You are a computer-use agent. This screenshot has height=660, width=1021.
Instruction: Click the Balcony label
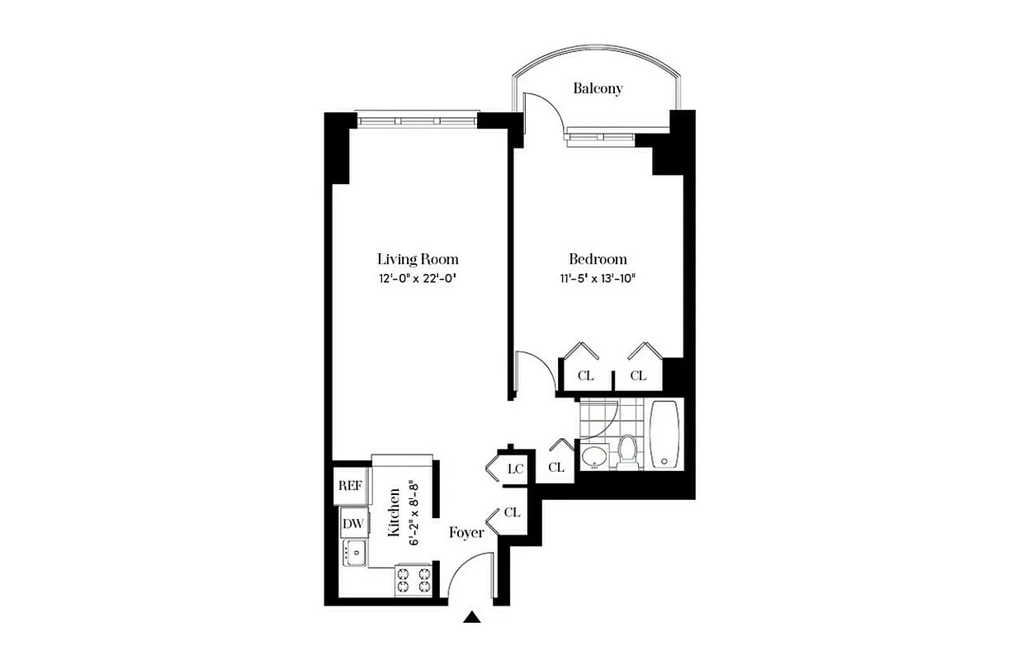pos(598,88)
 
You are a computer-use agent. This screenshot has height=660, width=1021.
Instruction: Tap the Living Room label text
pos(418,258)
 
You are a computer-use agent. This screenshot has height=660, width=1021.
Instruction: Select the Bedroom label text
pos(598,258)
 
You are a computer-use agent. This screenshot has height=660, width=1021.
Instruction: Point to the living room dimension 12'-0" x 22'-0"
pos(418,279)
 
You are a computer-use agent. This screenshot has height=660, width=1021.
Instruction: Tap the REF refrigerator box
pos(350,485)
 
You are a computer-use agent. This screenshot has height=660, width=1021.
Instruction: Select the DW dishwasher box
pos(352,523)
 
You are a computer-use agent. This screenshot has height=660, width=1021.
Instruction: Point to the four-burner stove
pos(414,579)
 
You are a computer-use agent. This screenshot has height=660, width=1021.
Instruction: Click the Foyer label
pos(466,533)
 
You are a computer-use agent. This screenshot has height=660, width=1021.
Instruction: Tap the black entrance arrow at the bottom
pos(473,616)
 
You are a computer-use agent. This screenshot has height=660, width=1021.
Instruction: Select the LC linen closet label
pos(516,469)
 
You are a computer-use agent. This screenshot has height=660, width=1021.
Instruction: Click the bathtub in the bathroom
pos(665,435)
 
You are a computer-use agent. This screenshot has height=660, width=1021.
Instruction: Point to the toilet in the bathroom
pos(627,450)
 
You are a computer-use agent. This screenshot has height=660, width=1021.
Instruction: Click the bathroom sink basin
pos(593,456)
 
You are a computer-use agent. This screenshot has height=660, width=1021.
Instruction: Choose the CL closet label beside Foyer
pos(512,512)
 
